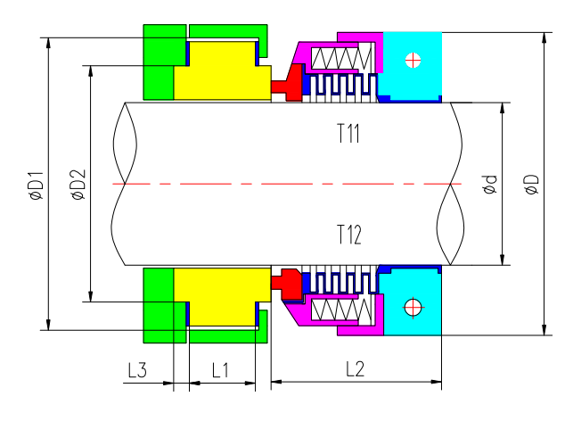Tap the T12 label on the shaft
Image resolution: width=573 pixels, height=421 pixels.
pos(348,235)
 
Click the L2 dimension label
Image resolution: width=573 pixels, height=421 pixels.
pos(355,368)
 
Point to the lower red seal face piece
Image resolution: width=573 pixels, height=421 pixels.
pos(287,284)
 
